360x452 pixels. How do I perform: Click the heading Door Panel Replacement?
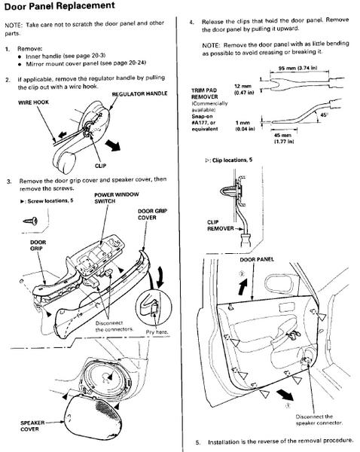59,6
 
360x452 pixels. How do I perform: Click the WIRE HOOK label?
33,102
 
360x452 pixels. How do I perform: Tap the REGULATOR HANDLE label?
139,94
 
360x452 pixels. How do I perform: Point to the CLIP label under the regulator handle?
101,166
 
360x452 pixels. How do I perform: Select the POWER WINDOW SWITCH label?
117,197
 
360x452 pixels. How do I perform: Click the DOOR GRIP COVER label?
152,214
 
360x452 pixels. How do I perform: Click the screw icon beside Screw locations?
31,221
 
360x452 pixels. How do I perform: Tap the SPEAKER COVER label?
32,426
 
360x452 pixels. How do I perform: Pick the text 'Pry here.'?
157,331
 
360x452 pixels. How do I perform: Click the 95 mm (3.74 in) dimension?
297,68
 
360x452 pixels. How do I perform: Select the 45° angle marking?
324,115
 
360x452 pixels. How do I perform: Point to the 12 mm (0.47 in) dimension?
244,90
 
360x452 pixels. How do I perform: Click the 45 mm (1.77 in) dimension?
284,138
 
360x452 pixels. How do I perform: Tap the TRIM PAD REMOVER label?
205,93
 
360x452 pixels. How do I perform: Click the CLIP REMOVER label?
221,225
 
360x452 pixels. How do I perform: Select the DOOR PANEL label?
257,259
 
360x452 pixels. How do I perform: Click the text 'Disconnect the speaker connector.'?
319,420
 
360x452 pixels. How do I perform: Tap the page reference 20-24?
137,63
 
